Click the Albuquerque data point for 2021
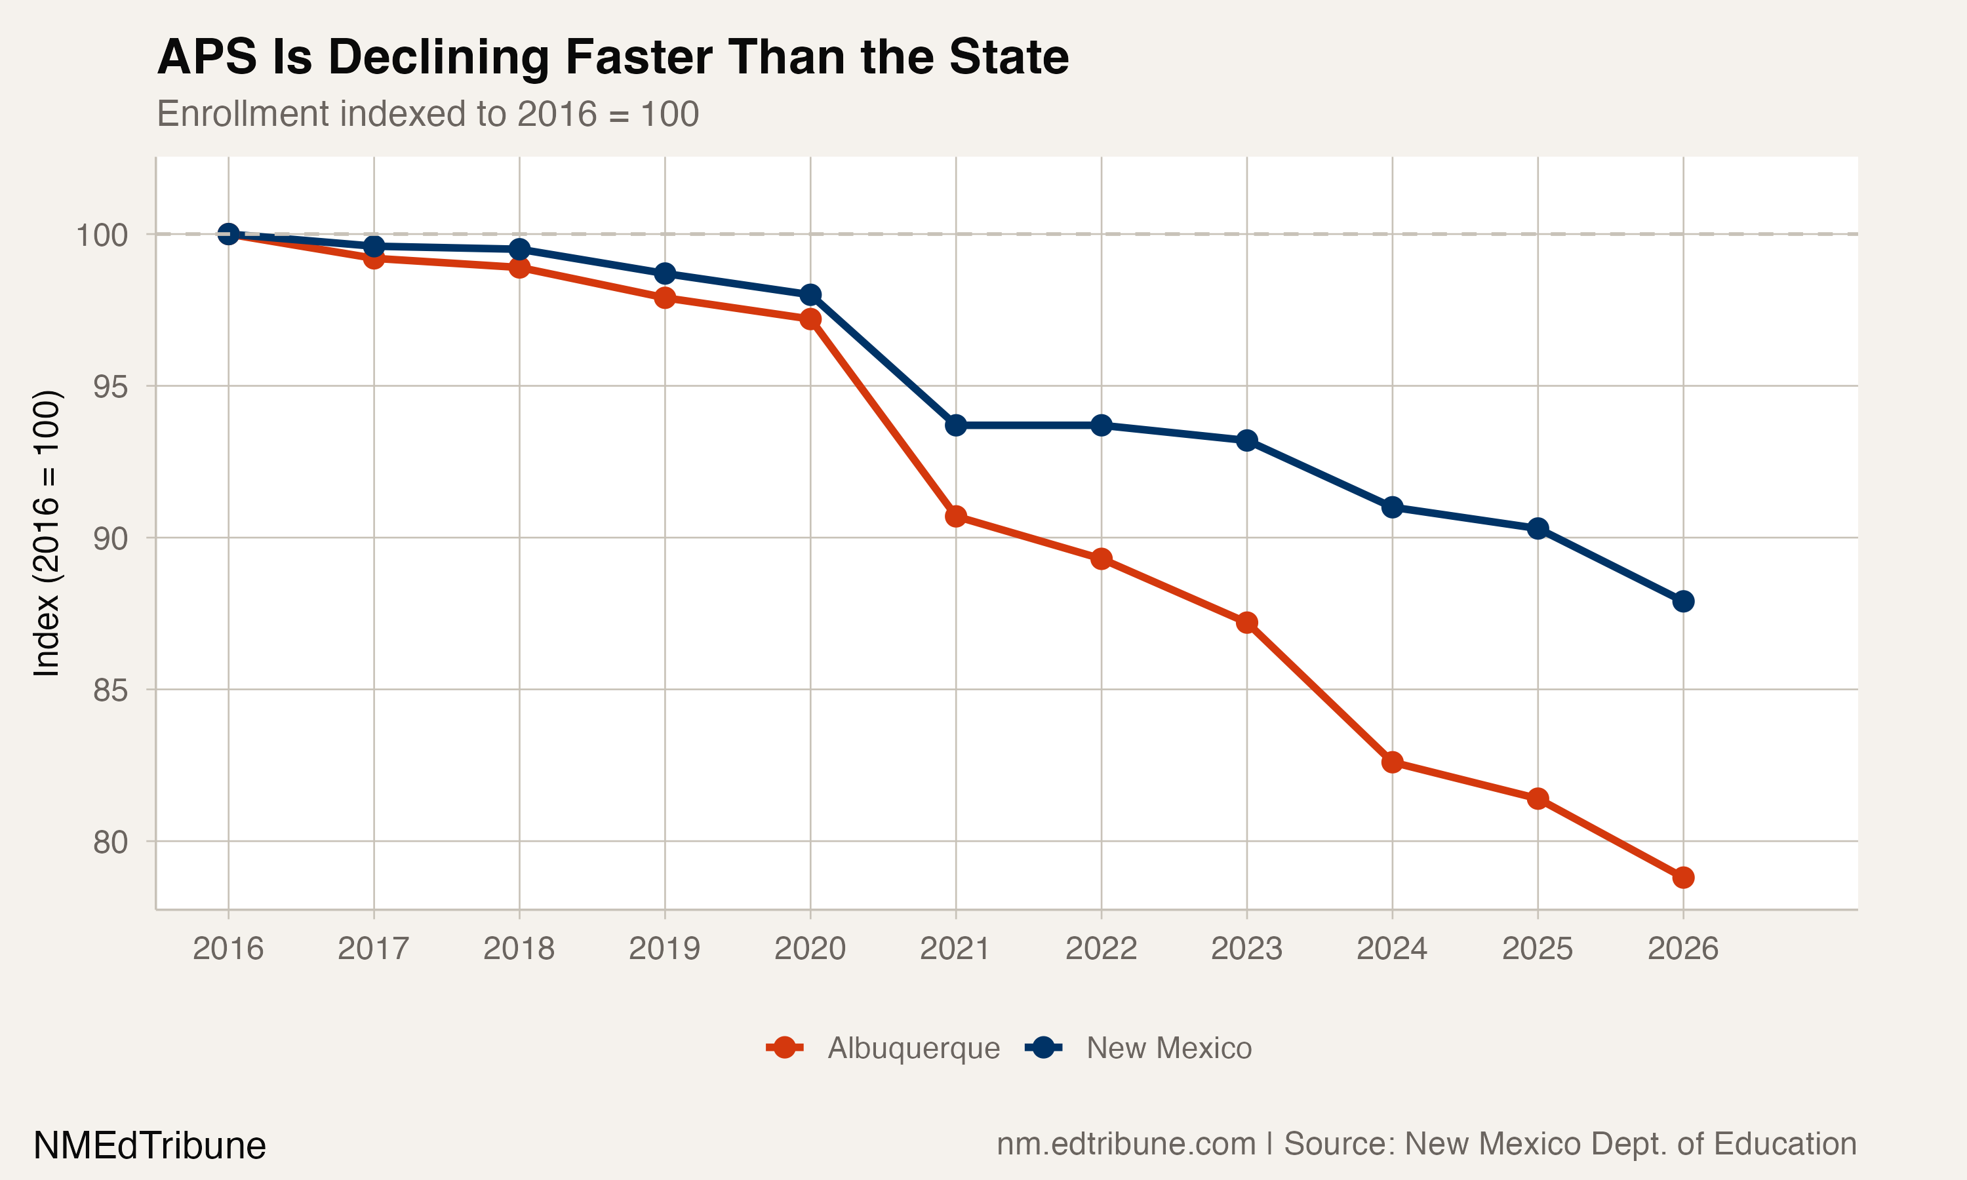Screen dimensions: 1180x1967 pos(956,516)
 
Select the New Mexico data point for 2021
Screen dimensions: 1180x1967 pos(956,425)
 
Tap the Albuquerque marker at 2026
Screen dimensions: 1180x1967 pos(1683,878)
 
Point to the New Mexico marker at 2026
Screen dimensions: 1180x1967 pos(1683,601)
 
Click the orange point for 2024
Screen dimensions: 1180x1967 pos(1392,762)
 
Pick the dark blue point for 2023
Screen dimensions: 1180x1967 pos(1246,441)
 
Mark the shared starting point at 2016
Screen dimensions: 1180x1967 pos(228,234)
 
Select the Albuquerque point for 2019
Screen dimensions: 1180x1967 pos(665,298)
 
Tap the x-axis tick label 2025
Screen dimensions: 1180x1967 pos(1537,949)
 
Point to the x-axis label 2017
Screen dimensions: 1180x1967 pos(373,949)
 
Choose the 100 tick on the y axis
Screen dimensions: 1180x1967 pos(102,235)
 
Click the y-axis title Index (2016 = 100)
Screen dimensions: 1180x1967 pos(46,534)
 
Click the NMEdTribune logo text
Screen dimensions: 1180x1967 pos(149,1146)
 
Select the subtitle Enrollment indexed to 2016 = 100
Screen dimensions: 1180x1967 pos(427,113)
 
